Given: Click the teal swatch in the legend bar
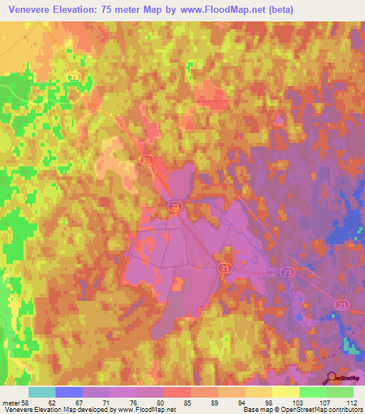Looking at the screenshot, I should coord(42,393).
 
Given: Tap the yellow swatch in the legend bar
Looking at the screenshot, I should coord(286,393).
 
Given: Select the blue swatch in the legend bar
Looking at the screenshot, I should coord(69,393).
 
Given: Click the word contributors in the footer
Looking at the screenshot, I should coord(345,410).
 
